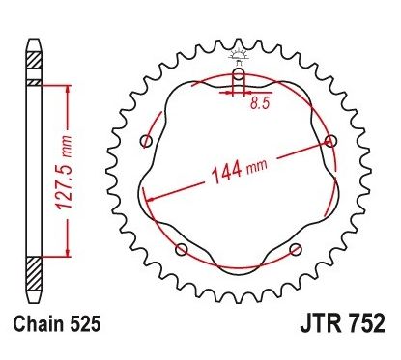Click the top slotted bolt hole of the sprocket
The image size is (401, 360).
point(238,76)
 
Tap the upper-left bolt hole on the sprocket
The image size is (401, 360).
point(146,142)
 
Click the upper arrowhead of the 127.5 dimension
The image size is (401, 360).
point(66,87)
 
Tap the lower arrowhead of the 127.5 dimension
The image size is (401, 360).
point(66,255)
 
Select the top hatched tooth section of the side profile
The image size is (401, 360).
point(34,62)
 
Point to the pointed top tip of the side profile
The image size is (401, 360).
point(34,40)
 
